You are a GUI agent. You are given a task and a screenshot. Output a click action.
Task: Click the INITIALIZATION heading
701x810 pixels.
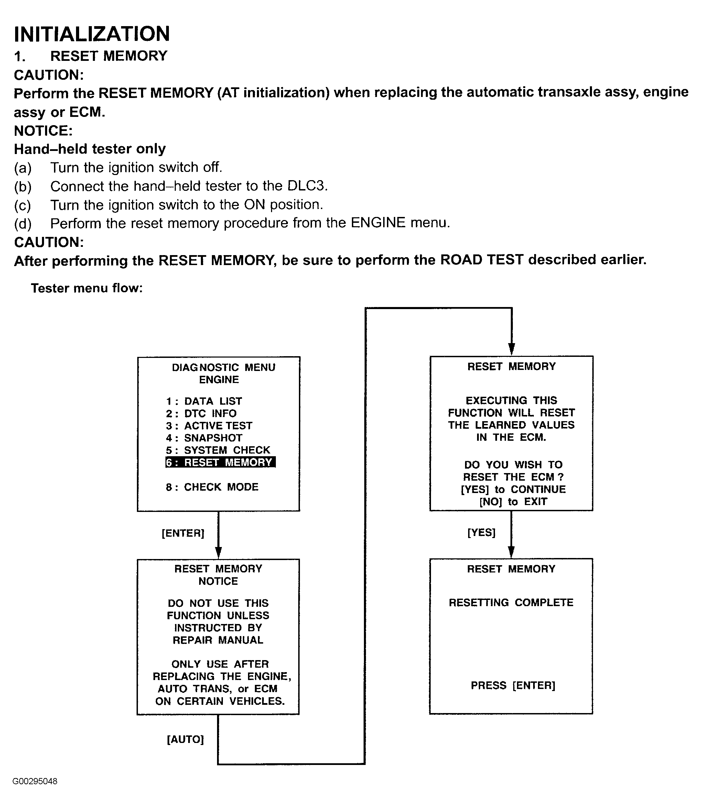tap(92, 34)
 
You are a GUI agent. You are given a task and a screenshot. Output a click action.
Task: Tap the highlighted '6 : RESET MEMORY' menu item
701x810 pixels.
tap(220, 462)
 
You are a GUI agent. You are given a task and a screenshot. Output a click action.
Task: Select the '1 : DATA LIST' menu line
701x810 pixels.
tap(204, 401)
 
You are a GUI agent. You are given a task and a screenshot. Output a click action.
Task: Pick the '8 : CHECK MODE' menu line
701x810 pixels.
tap(212, 487)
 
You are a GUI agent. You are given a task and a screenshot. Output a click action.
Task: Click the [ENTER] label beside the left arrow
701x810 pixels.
tap(183, 533)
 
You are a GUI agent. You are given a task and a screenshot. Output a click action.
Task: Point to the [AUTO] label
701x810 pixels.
tap(185, 739)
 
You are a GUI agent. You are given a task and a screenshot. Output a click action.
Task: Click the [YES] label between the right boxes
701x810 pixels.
tap(481, 533)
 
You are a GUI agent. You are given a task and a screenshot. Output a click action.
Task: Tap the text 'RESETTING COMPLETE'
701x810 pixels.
tap(511, 602)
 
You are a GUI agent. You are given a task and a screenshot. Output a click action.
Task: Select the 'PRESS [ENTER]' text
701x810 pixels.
tap(513, 685)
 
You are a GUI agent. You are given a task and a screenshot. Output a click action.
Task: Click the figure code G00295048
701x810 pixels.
tap(35, 781)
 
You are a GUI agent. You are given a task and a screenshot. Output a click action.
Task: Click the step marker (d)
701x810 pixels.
tap(23, 223)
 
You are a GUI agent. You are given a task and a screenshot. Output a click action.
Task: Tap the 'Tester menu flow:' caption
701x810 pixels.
tap(87, 288)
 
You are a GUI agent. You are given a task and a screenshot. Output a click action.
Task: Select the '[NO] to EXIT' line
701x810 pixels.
tap(513, 502)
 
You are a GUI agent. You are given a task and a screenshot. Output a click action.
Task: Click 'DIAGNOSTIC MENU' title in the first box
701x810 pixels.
tap(223, 368)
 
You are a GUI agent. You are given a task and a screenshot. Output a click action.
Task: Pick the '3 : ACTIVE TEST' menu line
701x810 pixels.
tap(209, 426)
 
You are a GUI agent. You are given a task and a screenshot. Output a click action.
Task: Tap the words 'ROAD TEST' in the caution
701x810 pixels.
tap(482, 260)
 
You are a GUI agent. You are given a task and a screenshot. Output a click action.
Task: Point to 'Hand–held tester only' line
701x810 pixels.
tap(90, 149)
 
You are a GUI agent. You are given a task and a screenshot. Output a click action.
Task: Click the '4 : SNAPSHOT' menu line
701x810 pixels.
tap(204, 438)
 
